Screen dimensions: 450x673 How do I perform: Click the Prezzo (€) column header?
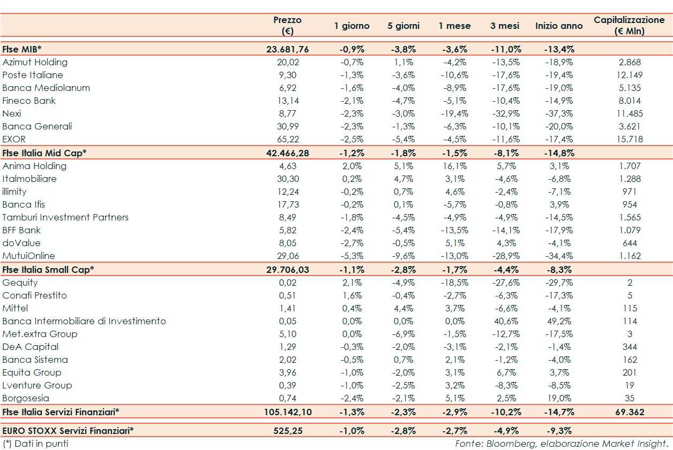point(288,25)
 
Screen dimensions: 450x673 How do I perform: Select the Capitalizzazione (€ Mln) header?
point(629,25)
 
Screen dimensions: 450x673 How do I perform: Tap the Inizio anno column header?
point(559,26)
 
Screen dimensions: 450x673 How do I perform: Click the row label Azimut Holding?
point(35,62)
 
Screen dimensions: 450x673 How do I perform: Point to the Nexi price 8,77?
point(288,113)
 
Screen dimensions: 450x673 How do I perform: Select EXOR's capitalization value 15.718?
point(630,139)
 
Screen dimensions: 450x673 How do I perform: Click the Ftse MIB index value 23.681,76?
point(288,49)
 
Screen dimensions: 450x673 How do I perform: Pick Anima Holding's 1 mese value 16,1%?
point(454,166)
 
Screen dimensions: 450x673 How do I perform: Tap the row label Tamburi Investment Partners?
point(65,217)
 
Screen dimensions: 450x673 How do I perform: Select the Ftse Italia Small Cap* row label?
point(48,269)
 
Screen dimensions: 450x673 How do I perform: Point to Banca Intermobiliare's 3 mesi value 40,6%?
point(504,321)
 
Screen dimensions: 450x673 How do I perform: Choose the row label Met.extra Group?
point(40,334)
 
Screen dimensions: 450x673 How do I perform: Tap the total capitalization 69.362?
point(630,412)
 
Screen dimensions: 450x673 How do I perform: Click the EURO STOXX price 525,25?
point(288,430)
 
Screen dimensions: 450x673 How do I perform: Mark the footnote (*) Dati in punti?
point(35,444)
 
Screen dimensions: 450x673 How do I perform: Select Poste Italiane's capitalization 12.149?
point(630,75)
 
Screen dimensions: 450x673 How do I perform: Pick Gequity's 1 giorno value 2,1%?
point(352,283)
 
